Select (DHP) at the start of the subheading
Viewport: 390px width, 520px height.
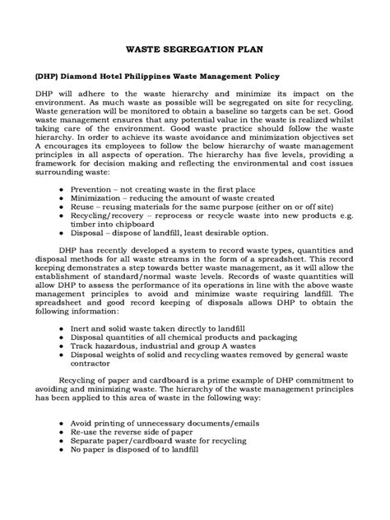(48, 75)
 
